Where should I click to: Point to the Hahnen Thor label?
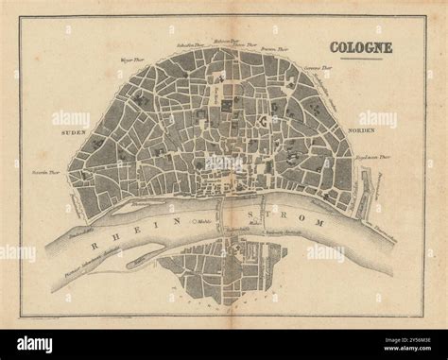click(x=223, y=41)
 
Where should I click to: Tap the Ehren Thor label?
click(x=247, y=44)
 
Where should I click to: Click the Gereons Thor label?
click(x=317, y=69)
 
